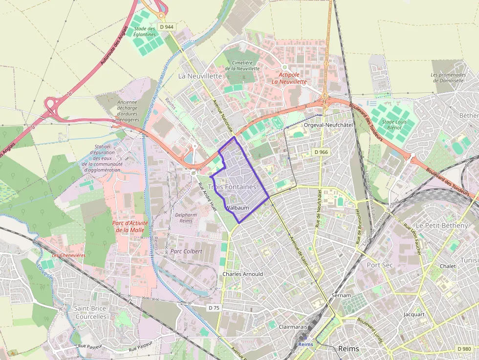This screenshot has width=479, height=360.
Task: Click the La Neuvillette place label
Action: (200, 76)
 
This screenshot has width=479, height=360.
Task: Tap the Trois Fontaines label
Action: (232, 187)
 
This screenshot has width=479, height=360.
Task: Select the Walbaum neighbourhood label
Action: (238, 208)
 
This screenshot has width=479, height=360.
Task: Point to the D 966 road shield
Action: (321, 152)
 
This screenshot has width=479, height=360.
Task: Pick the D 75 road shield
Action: (214, 308)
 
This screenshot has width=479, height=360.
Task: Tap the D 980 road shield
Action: (464, 349)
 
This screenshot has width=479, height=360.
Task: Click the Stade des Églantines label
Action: (145, 31)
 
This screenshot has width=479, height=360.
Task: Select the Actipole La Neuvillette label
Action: (289, 78)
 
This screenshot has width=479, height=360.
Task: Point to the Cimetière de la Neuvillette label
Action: (245, 65)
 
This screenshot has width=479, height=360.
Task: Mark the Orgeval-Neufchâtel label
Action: (328, 125)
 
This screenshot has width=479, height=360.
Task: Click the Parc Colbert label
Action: (186, 251)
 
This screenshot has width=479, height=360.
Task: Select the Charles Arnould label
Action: (242, 274)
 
